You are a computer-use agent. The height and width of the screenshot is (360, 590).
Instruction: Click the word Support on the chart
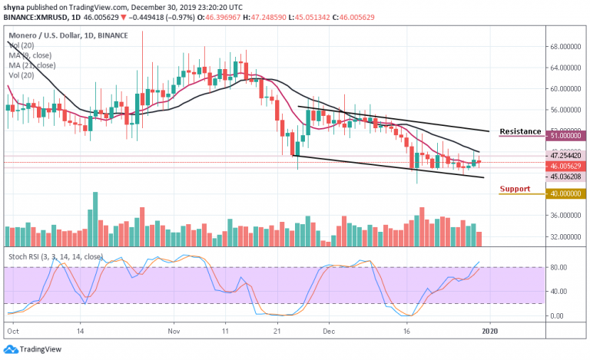515,189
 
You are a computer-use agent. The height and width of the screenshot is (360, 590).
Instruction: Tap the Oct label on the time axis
12,331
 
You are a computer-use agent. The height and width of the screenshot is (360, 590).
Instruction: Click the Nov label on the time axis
174,331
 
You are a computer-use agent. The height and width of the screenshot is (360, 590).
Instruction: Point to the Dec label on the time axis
328,331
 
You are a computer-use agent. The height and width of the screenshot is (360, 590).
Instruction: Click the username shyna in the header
13,6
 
